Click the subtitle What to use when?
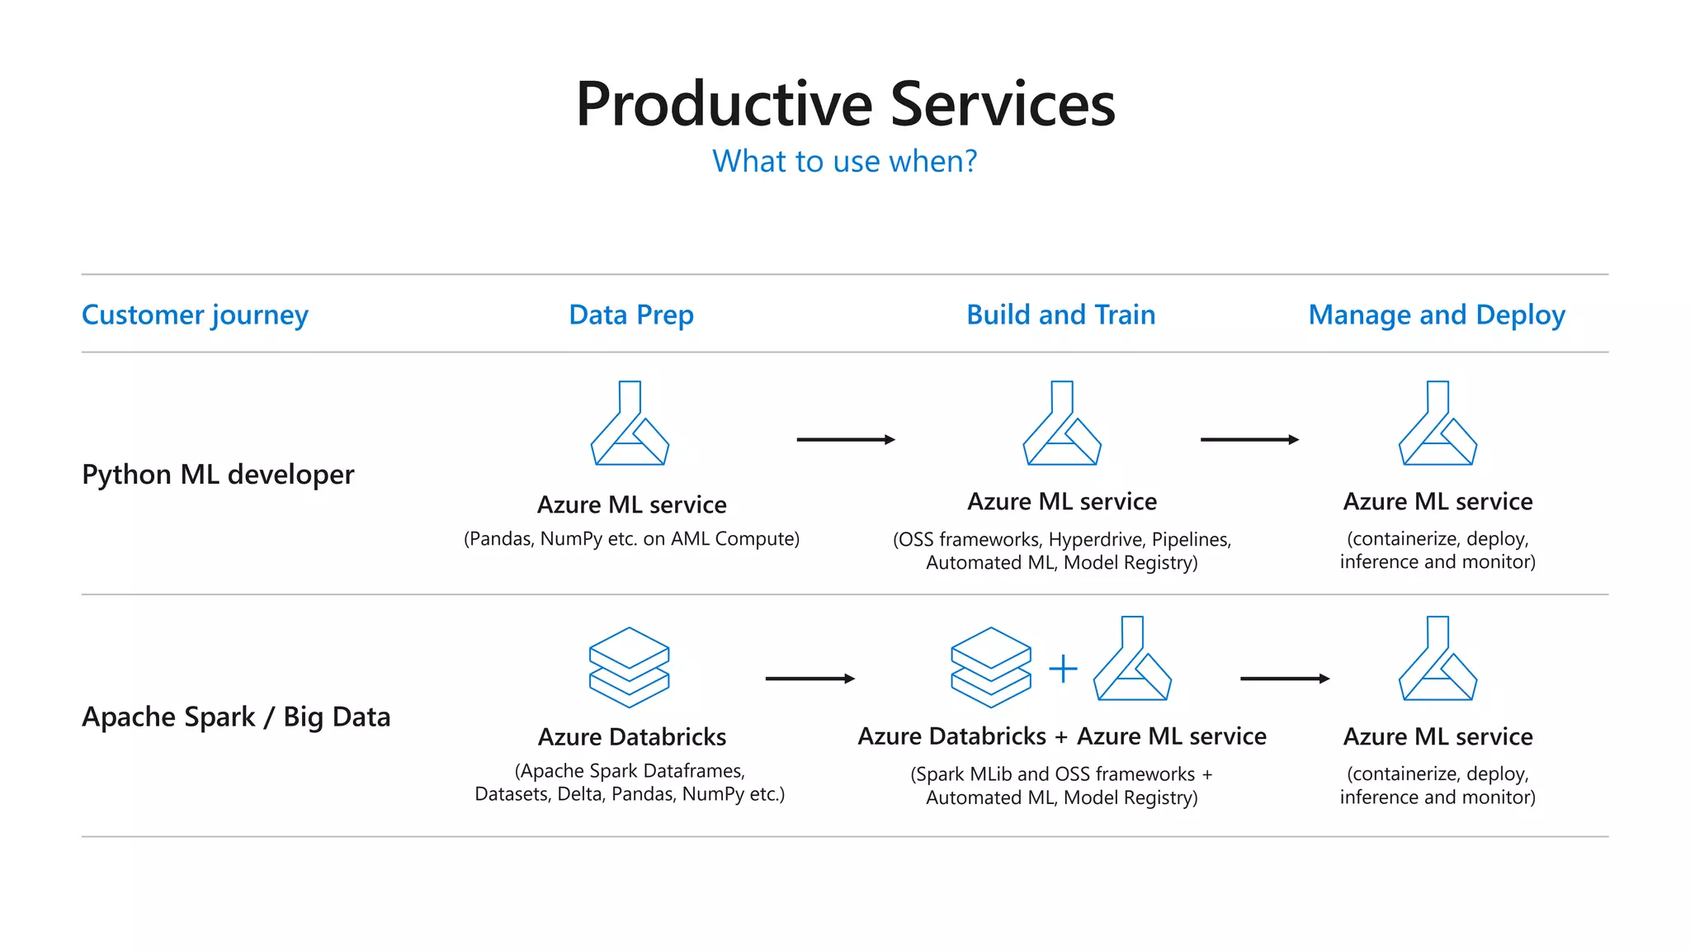(x=844, y=161)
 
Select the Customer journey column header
(x=195, y=315)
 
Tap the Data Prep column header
(x=631, y=315)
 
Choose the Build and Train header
(x=1060, y=315)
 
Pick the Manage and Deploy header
(x=1437, y=315)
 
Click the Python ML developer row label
(x=218, y=475)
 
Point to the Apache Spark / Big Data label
(x=236, y=717)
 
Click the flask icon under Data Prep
(x=630, y=424)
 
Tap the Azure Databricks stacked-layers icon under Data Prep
(x=630, y=667)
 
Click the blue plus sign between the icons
(x=1063, y=669)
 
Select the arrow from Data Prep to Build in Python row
(x=845, y=440)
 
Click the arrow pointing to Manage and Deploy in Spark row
(x=1284, y=679)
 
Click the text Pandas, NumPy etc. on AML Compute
(x=631, y=539)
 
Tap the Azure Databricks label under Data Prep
(x=632, y=736)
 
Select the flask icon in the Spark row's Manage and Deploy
(x=1437, y=659)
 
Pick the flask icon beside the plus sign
(x=1132, y=659)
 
